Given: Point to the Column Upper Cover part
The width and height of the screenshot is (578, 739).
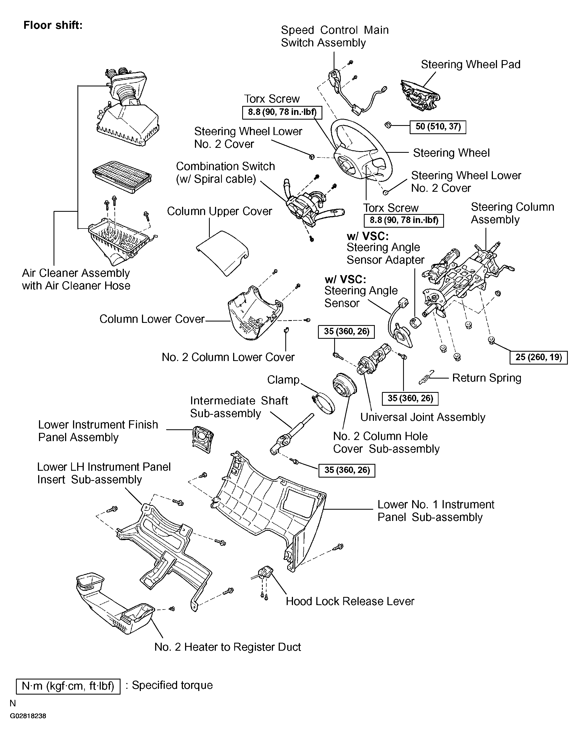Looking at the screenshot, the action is pyautogui.click(x=222, y=253).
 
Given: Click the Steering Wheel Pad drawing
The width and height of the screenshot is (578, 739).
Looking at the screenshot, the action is pyautogui.click(x=420, y=95).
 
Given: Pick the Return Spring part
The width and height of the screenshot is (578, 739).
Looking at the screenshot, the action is pyautogui.click(x=426, y=377).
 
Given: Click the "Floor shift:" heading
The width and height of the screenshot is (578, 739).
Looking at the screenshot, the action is pyautogui.click(x=53, y=26).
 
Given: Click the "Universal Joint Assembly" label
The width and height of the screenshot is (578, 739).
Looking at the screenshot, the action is pyautogui.click(x=423, y=417).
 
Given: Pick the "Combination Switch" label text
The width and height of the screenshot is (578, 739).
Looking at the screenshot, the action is pyautogui.click(x=225, y=166).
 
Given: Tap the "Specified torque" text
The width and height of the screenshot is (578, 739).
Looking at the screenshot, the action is pyautogui.click(x=172, y=685).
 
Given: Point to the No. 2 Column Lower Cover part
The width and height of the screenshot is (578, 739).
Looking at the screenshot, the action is pyautogui.click(x=286, y=330).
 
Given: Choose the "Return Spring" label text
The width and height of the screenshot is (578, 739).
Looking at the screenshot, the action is pyautogui.click(x=487, y=378).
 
